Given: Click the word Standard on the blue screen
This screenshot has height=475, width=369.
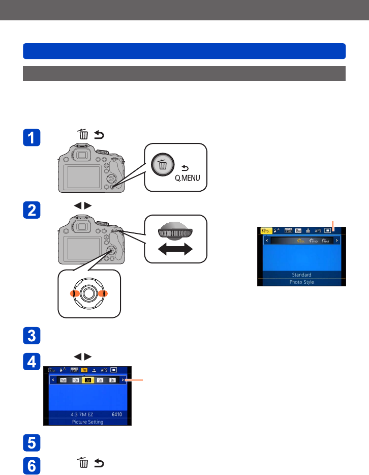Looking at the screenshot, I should pos(301,275).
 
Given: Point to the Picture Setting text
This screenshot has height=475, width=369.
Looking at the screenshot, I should pos(88,422).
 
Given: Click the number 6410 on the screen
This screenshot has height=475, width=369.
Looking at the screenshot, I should pos(118,414).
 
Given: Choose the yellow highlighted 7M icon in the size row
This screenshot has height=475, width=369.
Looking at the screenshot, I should pos(87,380).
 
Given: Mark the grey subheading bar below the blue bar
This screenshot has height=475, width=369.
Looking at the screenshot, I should pos(184,73).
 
